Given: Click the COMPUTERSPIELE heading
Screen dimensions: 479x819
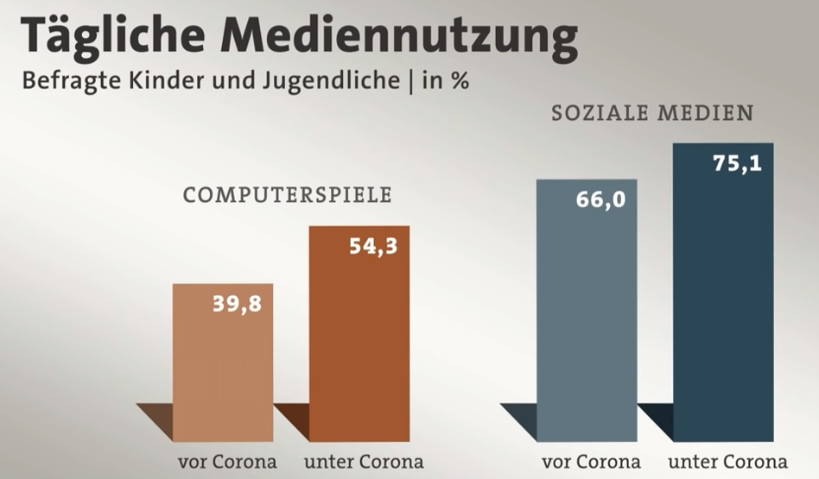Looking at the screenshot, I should [x=287, y=195].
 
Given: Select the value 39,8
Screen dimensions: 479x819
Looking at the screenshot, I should [x=236, y=304].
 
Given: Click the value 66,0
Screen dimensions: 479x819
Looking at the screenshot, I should [x=600, y=200].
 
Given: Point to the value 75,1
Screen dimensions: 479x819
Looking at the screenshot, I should [x=737, y=163].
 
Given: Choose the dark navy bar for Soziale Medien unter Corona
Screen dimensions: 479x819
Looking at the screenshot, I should [x=723, y=311].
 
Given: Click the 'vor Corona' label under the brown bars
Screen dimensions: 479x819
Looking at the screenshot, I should [x=227, y=461].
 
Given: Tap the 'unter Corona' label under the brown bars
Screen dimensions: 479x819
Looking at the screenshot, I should [x=364, y=461].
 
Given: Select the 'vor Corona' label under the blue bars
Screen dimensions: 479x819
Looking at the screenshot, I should [x=591, y=461].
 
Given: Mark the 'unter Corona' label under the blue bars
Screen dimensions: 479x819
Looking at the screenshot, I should [x=727, y=461].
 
